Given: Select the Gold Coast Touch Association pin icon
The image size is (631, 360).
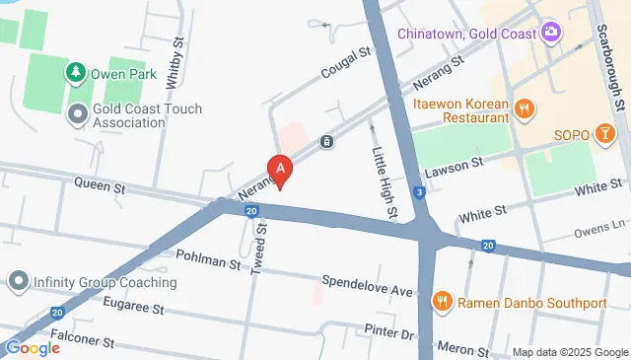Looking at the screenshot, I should point(76,115).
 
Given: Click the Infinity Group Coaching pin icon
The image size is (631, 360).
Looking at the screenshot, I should point(17,282).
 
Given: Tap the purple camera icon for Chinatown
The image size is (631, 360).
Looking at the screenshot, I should point(551,33).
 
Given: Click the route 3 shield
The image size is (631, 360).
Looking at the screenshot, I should point(420,191).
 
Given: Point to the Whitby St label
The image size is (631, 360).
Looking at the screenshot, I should point(176,64).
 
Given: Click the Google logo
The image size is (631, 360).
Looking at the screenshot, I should point(33,347).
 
